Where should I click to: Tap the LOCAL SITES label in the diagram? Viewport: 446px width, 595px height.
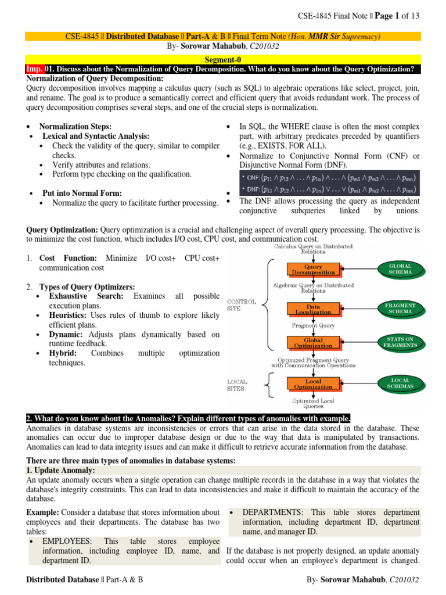click(238, 385)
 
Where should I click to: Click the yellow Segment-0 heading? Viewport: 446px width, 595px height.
click(223, 59)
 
